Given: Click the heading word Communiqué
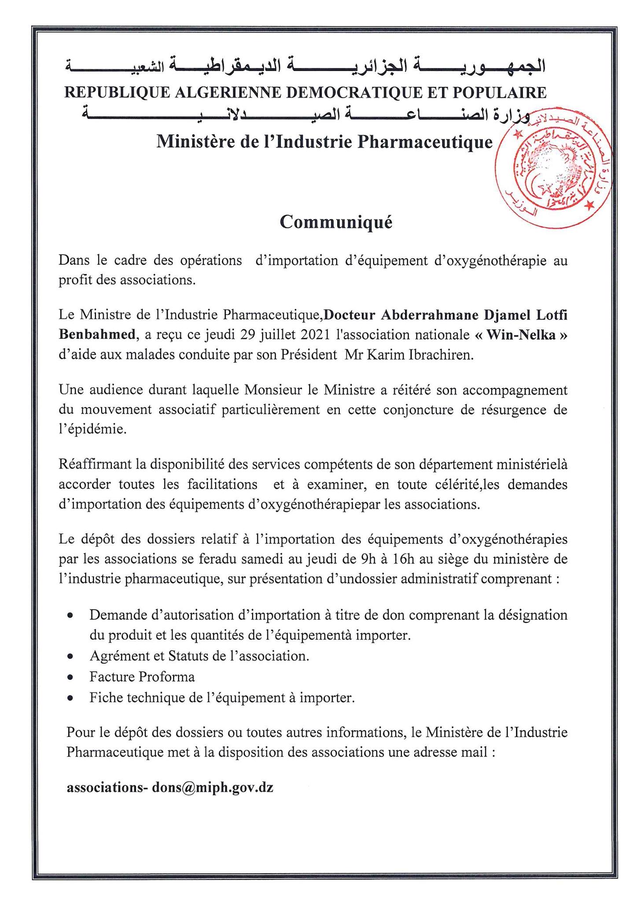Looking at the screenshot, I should click(x=336, y=222).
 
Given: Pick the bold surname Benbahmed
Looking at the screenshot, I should click(x=96, y=335).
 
